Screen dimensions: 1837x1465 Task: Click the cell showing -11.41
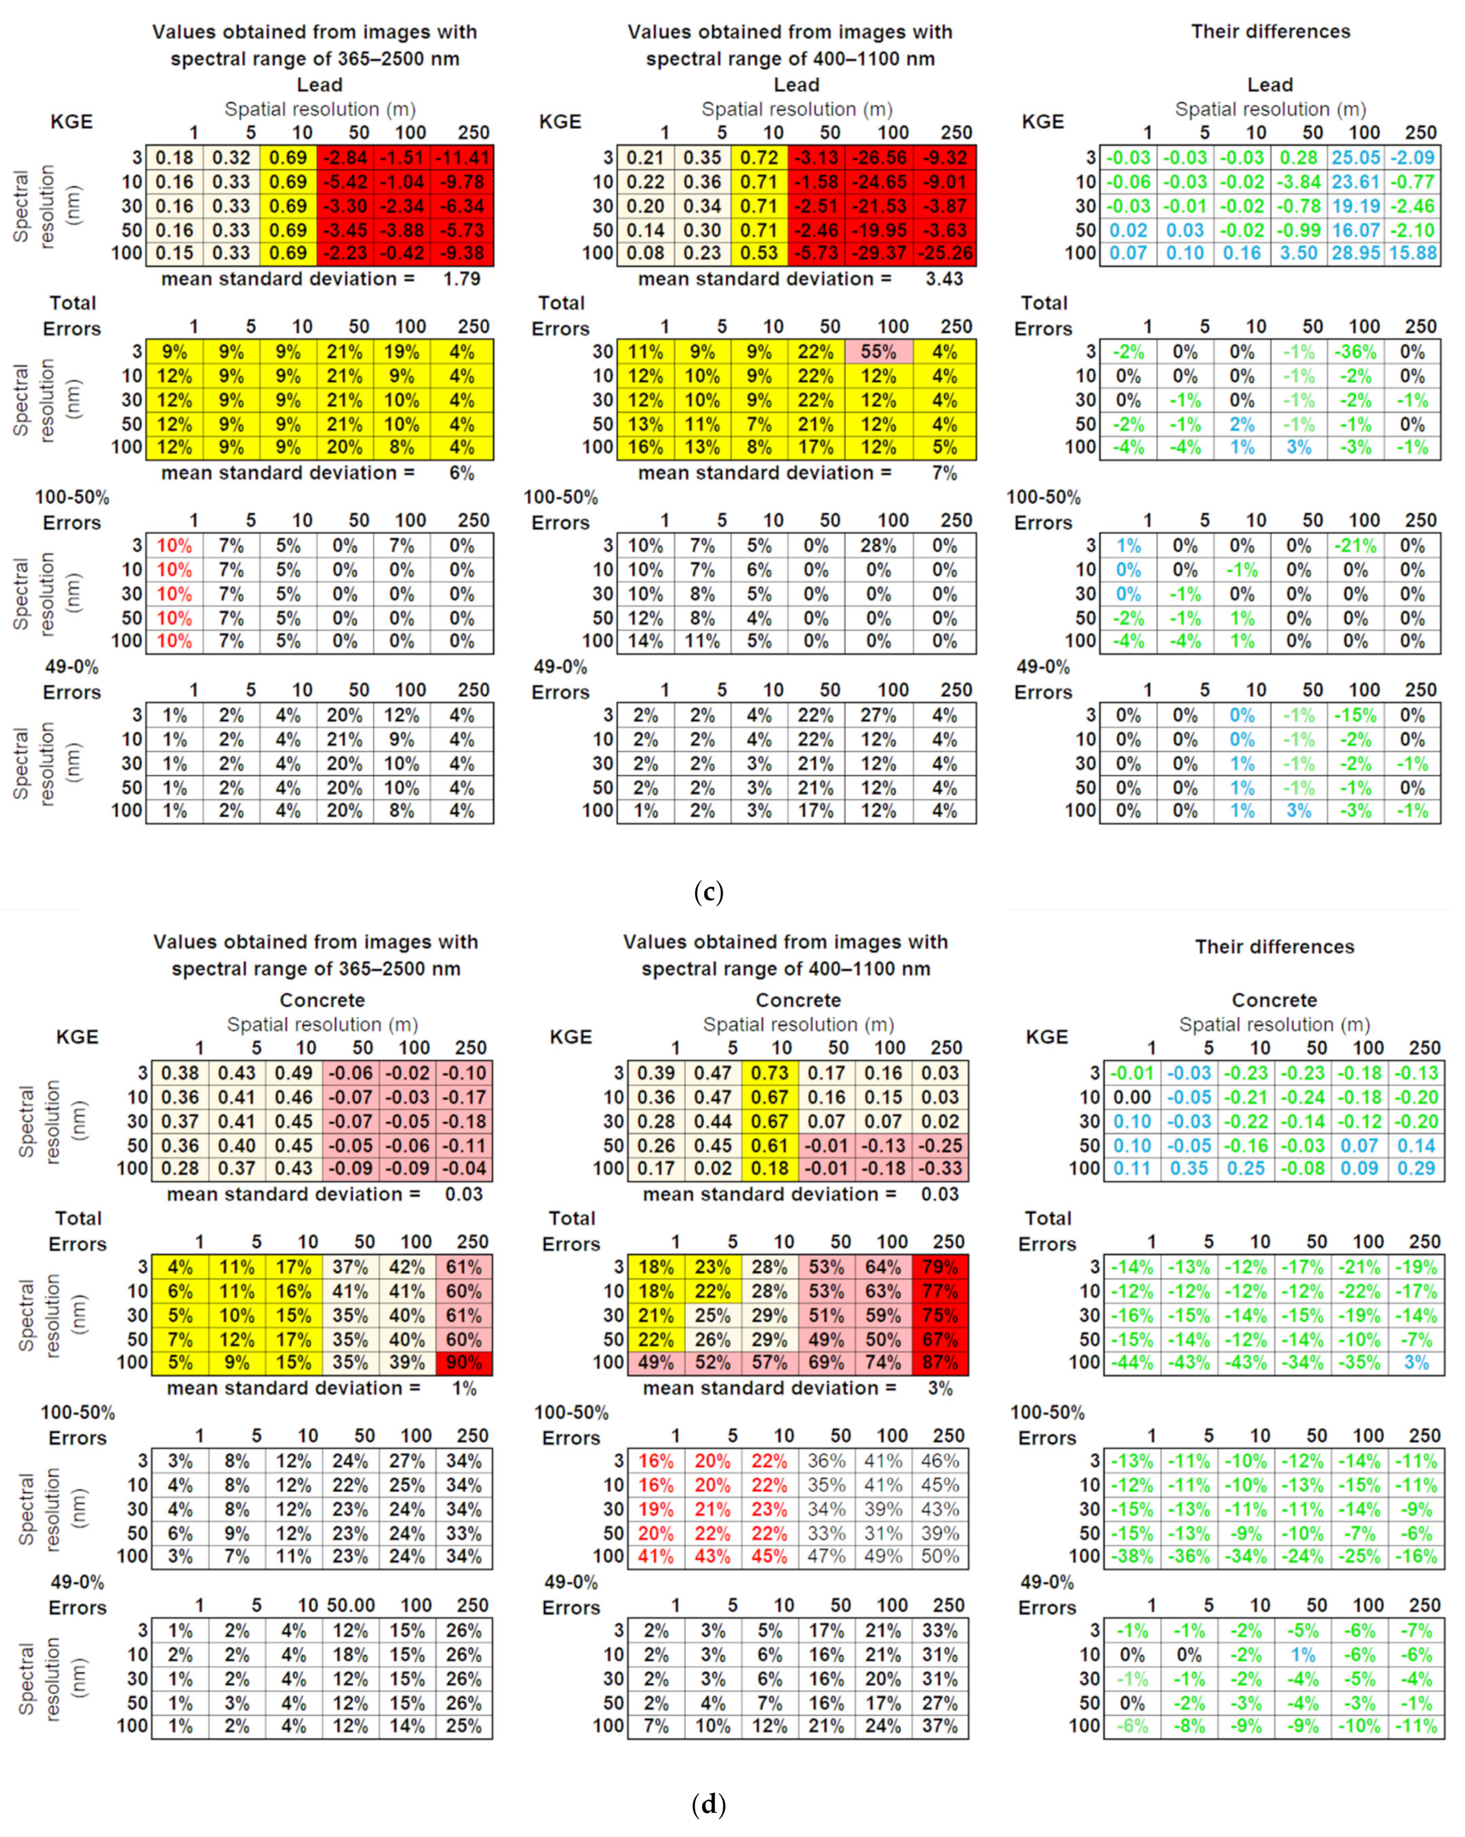[x=463, y=158]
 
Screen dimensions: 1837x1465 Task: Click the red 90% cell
[x=463, y=1362]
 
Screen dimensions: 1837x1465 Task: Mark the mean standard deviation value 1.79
[x=461, y=278]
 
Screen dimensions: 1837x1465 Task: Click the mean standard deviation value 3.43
[x=944, y=278]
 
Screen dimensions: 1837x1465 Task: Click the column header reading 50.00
[x=351, y=1605]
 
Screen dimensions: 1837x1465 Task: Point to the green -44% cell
[x=1132, y=1362]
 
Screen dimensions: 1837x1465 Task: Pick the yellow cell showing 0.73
[x=770, y=1073]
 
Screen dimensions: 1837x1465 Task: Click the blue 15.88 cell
[x=1412, y=253]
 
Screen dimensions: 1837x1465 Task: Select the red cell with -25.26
[x=944, y=253]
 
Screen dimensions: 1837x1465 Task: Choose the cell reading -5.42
[x=345, y=182]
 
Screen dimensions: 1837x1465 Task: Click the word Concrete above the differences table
[x=1273, y=1001]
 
